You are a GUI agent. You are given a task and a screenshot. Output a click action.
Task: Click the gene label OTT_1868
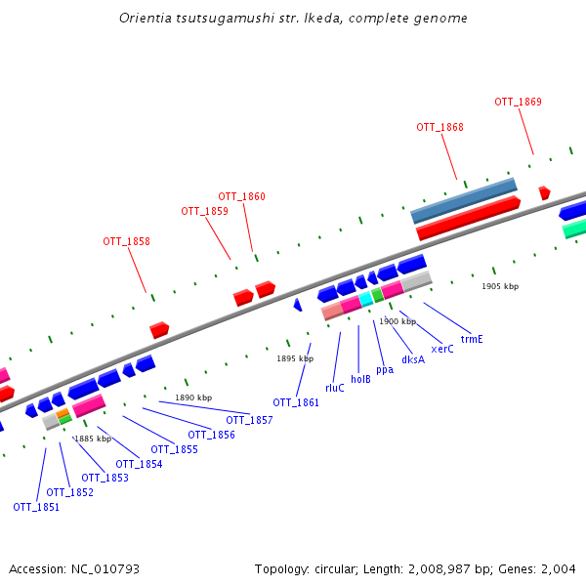tap(439, 127)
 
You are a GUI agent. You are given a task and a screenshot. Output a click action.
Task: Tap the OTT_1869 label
tap(518, 102)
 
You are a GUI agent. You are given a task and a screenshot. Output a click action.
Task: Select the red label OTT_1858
tap(126, 241)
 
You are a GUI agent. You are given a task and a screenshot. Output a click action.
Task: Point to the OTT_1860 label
tap(241, 196)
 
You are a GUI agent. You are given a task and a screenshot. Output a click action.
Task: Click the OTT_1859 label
tap(204, 211)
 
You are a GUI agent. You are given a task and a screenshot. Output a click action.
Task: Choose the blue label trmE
tap(472, 339)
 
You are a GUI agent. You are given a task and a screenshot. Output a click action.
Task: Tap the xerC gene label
tap(441, 349)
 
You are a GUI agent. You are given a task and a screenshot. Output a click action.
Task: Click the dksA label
tap(413, 359)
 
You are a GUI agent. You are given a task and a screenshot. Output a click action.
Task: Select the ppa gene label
tap(385, 369)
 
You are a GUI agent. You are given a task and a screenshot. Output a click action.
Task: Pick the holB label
tap(360, 379)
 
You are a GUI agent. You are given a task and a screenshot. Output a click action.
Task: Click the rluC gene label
tap(335, 388)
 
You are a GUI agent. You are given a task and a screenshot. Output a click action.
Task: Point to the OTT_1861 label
tap(296, 402)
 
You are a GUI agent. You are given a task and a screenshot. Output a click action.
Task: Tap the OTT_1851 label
tap(36, 507)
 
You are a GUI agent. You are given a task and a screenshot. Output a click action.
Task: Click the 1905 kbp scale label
tap(500, 286)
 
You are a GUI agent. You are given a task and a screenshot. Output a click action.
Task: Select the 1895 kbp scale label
tap(295, 358)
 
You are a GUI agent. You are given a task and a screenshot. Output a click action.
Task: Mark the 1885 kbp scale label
tap(93, 439)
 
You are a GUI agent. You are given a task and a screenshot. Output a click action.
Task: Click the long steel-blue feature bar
tap(463, 199)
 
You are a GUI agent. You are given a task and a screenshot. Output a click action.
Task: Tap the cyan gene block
tap(366, 299)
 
